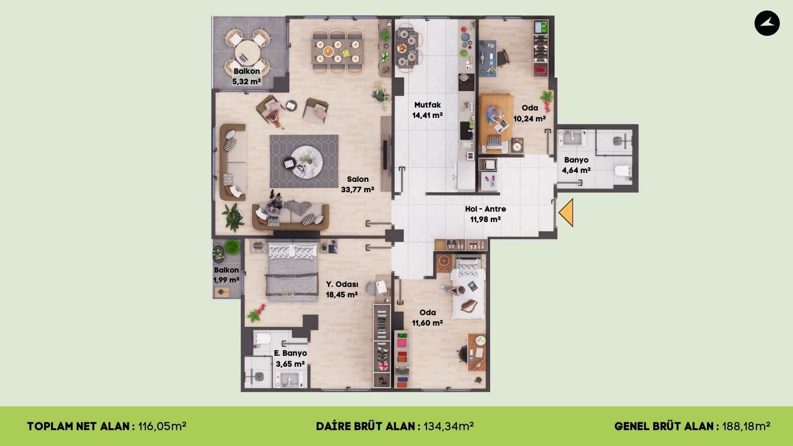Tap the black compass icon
[767, 23]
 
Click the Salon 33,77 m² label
[357, 184]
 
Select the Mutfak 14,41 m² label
[428, 110]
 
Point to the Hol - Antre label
[485, 209]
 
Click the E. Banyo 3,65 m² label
[290, 359]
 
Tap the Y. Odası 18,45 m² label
[342, 289]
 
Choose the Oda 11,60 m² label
[427, 318]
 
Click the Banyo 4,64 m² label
[576, 165]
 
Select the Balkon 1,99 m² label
[226, 275]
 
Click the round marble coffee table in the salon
[307, 162]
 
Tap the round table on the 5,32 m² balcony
[247, 53]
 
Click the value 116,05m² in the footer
[162, 426]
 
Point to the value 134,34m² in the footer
[449, 426]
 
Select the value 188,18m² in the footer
[746, 426]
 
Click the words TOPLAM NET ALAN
[78, 426]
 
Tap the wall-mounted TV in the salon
[385, 155]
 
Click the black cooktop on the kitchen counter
[466, 82]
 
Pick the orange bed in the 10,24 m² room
[496, 123]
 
